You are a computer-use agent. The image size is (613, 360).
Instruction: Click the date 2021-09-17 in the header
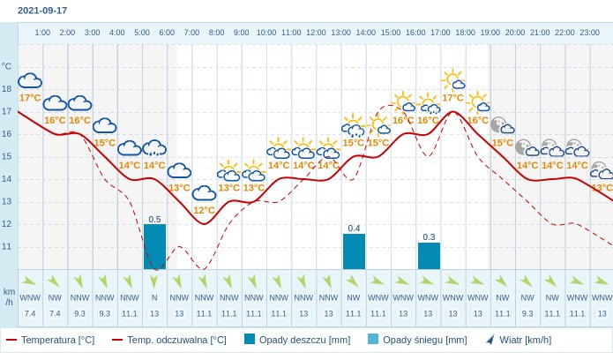42,11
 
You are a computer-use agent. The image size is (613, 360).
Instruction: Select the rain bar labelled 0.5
155,246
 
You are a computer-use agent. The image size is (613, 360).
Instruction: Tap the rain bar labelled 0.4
355,251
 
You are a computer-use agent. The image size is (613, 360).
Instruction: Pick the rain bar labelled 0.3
429,256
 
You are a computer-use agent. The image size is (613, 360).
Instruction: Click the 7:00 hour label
191,33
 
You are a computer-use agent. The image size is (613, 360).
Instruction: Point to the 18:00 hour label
465,33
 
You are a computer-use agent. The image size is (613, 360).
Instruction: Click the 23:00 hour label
589,33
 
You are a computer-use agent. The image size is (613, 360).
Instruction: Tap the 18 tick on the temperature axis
7,89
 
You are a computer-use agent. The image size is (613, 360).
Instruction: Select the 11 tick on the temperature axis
7,247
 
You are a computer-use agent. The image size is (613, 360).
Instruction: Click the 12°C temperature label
204,211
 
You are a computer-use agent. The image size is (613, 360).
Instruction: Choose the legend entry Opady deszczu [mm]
297,340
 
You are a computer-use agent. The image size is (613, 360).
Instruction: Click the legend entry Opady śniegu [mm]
417,340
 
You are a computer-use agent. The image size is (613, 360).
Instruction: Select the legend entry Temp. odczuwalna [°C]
168,340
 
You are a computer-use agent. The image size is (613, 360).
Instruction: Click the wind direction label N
154,297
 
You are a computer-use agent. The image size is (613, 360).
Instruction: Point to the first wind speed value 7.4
30,313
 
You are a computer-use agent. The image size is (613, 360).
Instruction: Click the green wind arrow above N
154,281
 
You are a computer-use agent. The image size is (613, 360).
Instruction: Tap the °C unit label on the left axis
6,66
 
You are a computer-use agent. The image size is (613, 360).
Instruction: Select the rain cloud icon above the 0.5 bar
154,148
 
